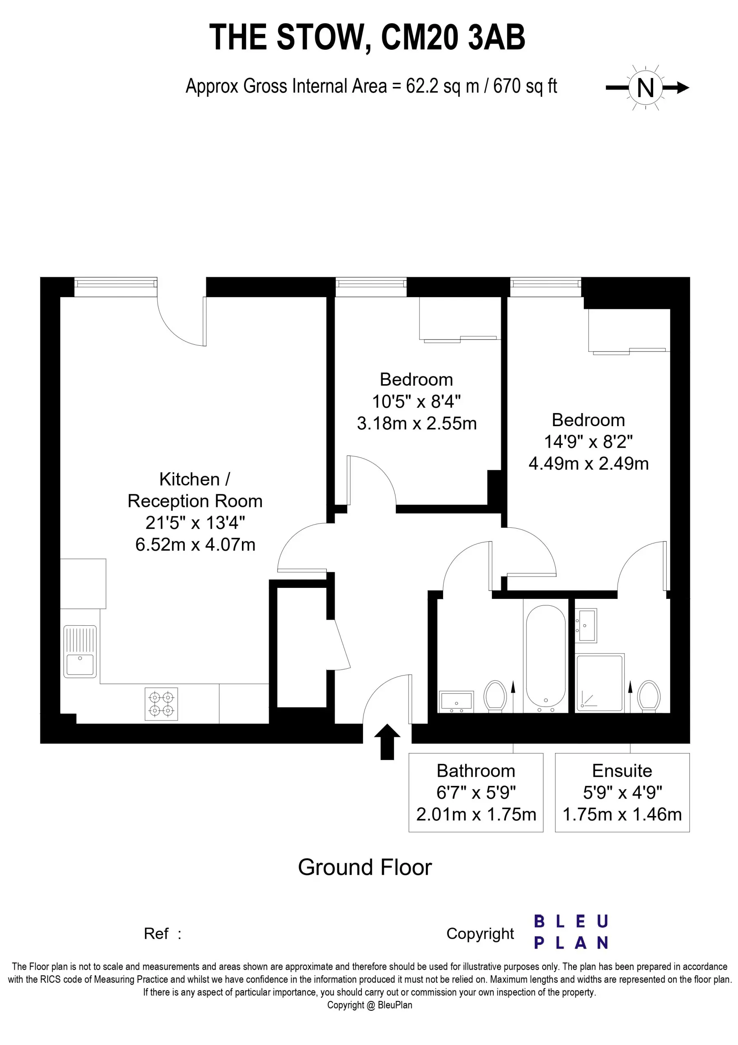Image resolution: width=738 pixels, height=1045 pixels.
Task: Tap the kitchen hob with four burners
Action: pyautogui.click(x=161, y=704)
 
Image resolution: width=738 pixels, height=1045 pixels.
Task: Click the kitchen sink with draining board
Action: pyautogui.click(x=80, y=651)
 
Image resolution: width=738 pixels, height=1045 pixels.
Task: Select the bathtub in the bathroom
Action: pyautogui.click(x=545, y=658)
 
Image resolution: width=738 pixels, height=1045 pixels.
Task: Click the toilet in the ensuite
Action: pyautogui.click(x=649, y=696)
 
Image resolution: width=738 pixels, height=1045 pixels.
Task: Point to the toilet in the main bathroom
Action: pyautogui.click(x=495, y=696)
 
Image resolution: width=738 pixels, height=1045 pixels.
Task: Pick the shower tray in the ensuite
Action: pyautogui.click(x=600, y=683)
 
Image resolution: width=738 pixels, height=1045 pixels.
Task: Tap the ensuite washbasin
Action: pyautogui.click(x=586, y=625)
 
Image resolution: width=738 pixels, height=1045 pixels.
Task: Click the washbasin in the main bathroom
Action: pyautogui.click(x=457, y=701)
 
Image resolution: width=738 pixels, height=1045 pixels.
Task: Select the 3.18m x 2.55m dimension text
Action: pyautogui.click(x=417, y=424)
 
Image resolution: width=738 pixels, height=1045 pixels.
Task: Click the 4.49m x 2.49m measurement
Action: pyautogui.click(x=589, y=464)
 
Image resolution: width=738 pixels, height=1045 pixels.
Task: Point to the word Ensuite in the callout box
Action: pyautogui.click(x=622, y=771)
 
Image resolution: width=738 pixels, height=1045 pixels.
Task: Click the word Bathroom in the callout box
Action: pyautogui.click(x=476, y=771)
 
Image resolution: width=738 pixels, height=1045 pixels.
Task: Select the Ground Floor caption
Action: pyautogui.click(x=365, y=867)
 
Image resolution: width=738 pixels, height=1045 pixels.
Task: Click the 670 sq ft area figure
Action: pyautogui.click(x=525, y=87)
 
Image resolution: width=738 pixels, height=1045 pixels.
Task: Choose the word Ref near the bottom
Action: pyautogui.click(x=156, y=934)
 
